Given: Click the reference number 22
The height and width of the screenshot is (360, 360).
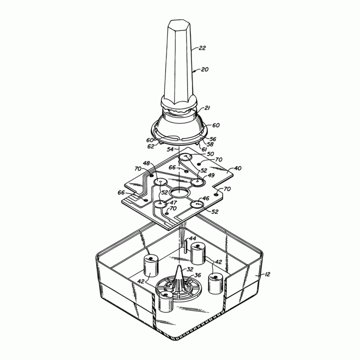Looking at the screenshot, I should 202,48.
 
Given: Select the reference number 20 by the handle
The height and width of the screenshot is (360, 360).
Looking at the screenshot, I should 205,69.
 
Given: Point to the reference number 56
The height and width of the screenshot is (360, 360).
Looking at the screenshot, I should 213,139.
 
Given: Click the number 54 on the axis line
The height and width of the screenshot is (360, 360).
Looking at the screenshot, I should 171,149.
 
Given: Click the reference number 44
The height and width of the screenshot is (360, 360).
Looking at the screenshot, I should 192,239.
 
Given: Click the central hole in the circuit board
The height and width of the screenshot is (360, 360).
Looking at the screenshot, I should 179,192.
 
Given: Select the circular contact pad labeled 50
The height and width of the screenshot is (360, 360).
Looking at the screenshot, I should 186,157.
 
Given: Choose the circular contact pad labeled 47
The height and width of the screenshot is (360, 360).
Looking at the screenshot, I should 160,204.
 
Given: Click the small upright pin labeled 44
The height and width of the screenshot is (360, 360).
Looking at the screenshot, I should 186,245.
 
